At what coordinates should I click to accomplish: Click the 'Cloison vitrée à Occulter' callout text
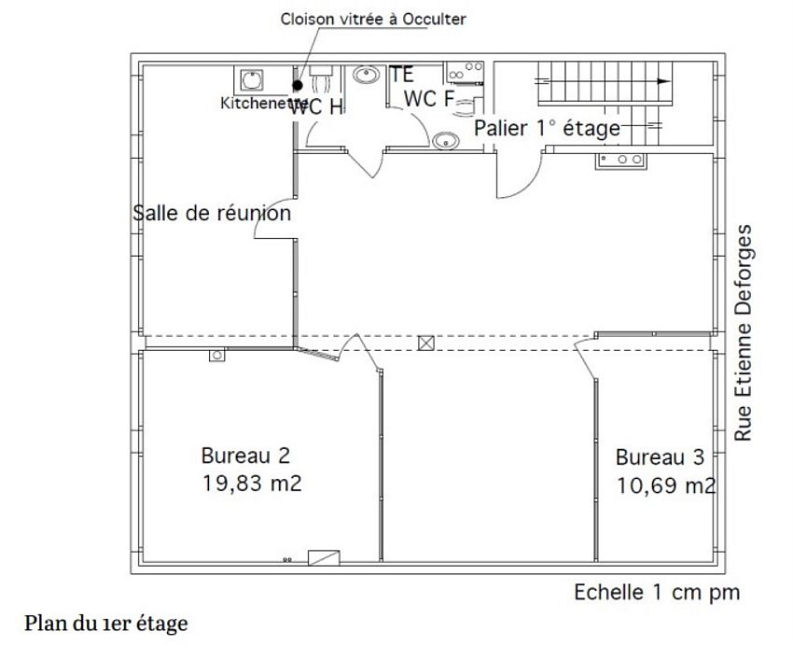373,19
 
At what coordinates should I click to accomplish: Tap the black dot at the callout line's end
298,84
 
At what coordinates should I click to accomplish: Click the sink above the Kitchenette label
252,78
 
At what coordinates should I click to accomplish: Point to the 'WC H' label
317,107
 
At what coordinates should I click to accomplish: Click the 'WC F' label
428,99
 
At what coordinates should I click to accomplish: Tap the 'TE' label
402,75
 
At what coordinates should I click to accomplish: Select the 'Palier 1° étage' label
547,128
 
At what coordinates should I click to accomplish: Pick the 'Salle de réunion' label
212,213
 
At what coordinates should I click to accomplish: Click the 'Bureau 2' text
245,456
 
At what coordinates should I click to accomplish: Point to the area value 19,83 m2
251,484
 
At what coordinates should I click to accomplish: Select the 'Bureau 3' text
660,457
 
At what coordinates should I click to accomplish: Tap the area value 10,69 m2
666,485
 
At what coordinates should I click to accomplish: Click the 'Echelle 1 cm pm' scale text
657,592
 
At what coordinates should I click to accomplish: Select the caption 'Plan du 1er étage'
106,623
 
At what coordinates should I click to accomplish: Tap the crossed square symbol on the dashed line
426,343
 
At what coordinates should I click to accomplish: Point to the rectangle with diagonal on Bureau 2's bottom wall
323,556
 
